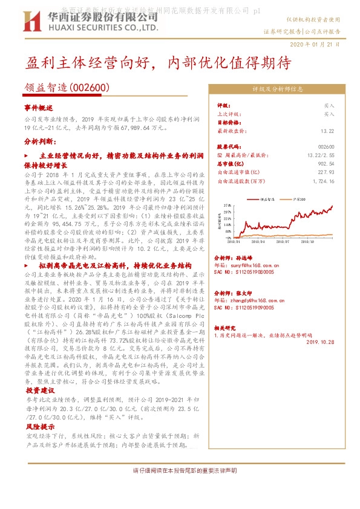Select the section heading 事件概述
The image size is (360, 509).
coord(39,108)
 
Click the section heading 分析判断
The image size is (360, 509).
coord(40,141)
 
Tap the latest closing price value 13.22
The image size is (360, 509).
coord(327,131)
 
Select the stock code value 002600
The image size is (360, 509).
coord(326,147)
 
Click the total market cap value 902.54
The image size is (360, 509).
coord(326,163)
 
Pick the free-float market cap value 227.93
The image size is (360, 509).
coord(326,172)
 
